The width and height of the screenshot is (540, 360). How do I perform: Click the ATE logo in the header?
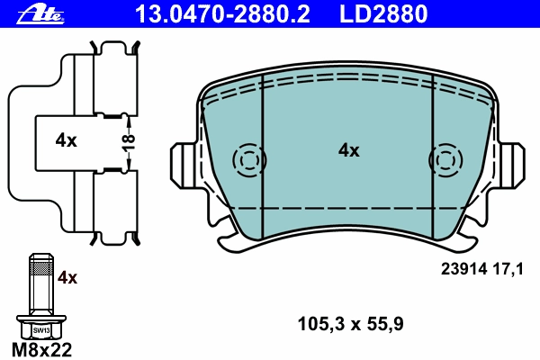point(40,14)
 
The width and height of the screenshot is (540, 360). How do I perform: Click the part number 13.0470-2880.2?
point(223,13)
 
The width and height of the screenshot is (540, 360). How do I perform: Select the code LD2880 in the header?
point(383,13)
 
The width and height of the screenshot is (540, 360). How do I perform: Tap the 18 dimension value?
point(128,143)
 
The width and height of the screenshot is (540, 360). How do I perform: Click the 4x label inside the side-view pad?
point(66,140)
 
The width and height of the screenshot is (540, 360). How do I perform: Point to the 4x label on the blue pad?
point(349,150)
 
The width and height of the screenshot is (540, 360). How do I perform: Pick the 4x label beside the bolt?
point(67,277)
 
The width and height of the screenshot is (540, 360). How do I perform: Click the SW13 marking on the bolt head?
point(41,330)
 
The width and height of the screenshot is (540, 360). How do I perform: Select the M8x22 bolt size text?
point(41,350)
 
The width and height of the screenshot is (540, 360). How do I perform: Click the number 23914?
point(463,269)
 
